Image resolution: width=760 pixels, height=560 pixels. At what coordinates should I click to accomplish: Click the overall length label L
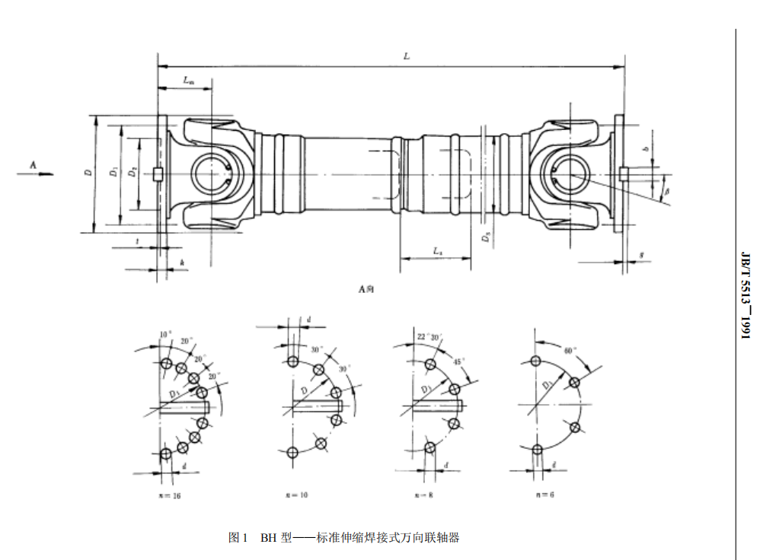pos(407,56)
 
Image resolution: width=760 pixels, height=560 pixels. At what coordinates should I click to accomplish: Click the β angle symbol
pos(666,195)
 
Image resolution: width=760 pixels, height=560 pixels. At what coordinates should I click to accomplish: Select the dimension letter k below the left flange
pos(181,262)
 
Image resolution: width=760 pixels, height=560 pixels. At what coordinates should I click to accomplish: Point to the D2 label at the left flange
pos(133,173)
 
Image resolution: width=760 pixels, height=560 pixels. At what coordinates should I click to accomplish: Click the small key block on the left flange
pos(158,174)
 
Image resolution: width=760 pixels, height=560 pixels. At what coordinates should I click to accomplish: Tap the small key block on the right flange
pos(623,174)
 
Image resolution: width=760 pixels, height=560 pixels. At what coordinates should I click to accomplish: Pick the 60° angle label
pos(568,351)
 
